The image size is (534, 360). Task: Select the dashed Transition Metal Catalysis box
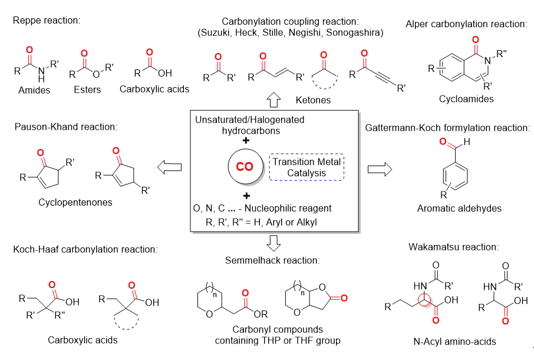[306, 167]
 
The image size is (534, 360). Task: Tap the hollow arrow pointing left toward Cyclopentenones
[170, 169]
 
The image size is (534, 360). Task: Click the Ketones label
[315, 100]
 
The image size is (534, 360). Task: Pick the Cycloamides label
[466, 99]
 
